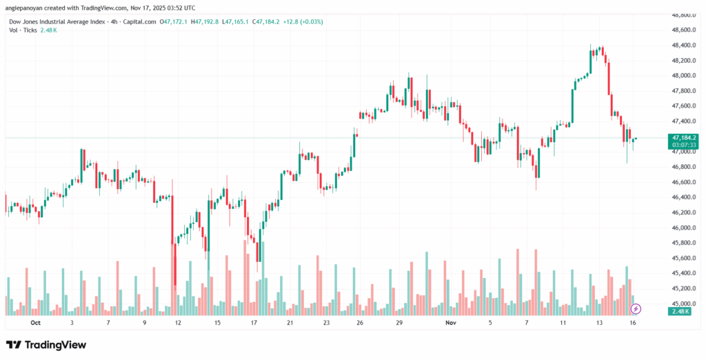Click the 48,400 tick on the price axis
[x=682, y=45]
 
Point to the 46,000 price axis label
[x=682, y=228]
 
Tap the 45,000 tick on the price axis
[x=682, y=303]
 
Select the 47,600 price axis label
[x=682, y=106]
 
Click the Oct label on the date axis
[x=35, y=322]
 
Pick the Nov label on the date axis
[x=452, y=322]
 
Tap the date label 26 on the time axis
[x=360, y=322]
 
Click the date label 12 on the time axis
[x=178, y=322]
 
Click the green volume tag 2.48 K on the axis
[x=682, y=312]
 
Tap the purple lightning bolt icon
[x=636, y=308]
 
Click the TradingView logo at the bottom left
[x=46, y=344]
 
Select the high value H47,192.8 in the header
[x=205, y=21]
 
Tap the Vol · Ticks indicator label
[x=25, y=31]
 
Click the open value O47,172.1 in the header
[x=173, y=21]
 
